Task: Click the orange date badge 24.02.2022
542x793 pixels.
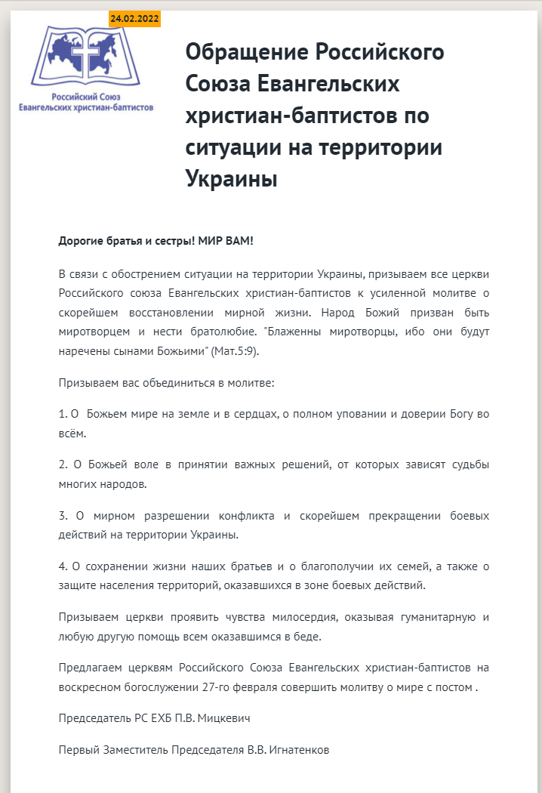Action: (134, 19)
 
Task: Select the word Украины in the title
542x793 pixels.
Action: (231, 180)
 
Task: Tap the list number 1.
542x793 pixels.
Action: (62, 415)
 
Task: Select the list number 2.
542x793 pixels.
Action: (62, 464)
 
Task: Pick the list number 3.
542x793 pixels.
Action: (62, 516)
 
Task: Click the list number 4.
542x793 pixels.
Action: (62, 566)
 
